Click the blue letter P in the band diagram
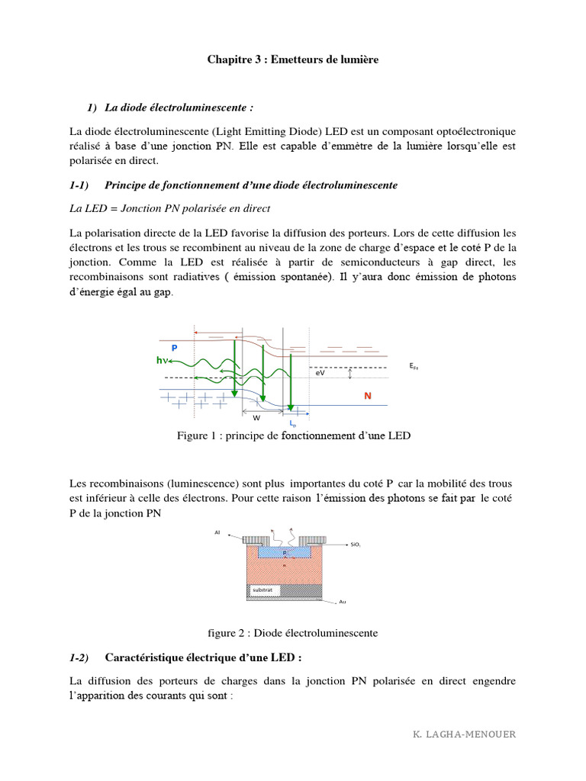pos(174,348)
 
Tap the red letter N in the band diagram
pos(367,397)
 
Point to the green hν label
pos(162,361)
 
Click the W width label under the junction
pos(256,418)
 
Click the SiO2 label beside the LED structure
pos(356,545)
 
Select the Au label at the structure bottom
pos(342,602)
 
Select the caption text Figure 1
pos(198,435)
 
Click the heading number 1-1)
pos(79,185)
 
